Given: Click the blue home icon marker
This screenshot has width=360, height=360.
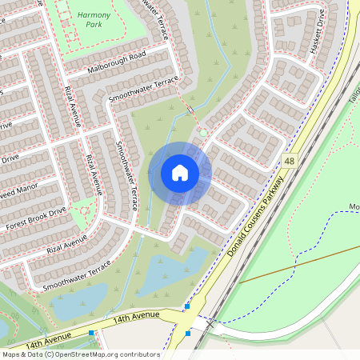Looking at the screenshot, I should tap(180, 173).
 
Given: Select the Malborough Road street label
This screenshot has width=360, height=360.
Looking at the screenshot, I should tap(117, 64).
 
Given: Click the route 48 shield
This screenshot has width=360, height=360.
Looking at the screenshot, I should tap(289, 162).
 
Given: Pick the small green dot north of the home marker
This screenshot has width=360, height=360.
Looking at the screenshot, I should tap(203, 132).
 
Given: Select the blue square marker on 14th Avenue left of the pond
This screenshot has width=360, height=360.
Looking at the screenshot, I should tap(93, 333).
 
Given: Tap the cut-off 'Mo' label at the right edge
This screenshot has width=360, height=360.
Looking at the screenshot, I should tap(354, 206).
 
